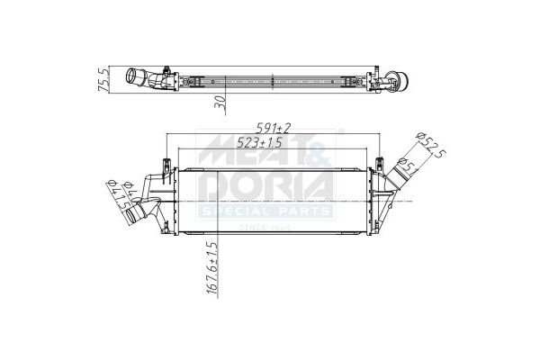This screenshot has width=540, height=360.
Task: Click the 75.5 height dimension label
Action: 104,79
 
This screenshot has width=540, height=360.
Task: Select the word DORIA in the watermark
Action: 265,188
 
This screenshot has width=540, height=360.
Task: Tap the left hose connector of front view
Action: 142,214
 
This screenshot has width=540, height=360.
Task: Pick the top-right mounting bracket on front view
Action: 371,162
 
